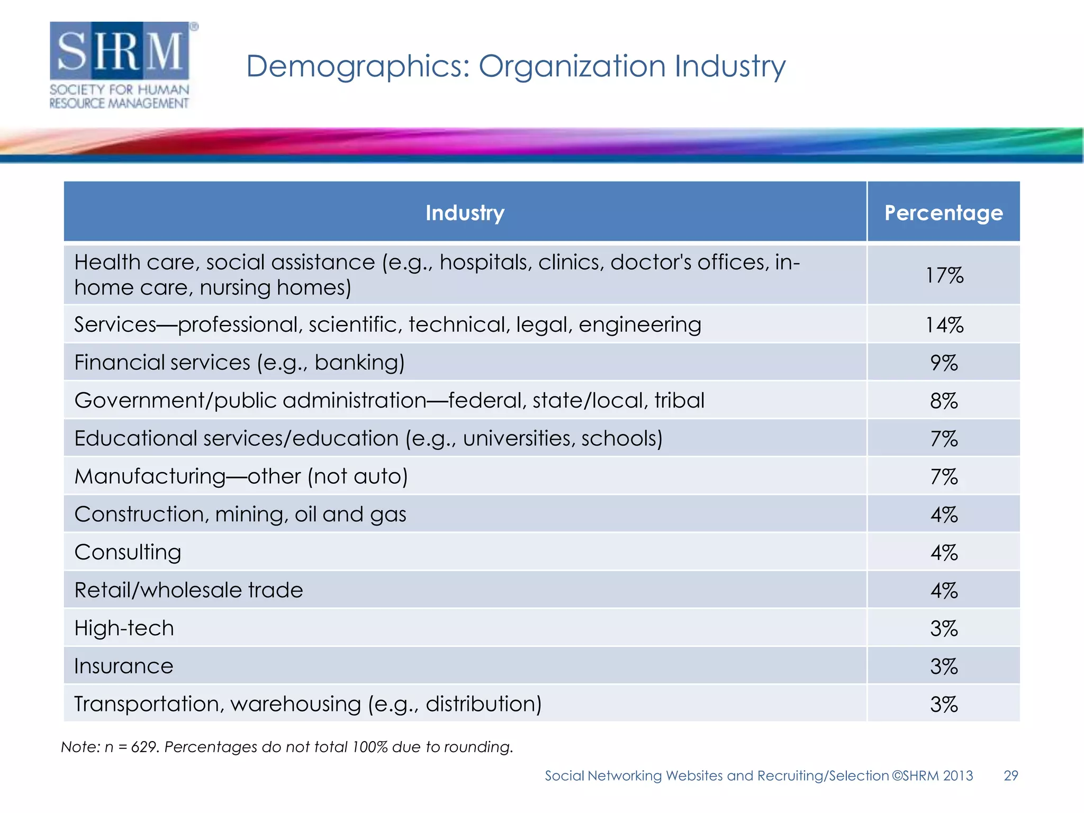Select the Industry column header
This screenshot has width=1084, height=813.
(x=465, y=213)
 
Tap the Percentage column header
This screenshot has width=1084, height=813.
(x=943, y=213)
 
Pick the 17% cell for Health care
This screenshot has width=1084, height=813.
(x=944, y=275)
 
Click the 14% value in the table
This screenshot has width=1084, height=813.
(x=944, y=325)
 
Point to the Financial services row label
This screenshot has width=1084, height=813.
(x=239, y=363)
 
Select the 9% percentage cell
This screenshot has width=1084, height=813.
(x=944, y=363)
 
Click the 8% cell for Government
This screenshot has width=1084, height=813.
(x=944, y=401)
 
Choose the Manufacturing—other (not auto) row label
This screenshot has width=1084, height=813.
(x=241, y=476)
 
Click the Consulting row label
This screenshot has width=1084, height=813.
(x=128, y=553)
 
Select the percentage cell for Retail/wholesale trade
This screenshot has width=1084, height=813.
(x=944, y=591)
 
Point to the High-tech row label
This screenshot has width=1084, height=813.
(x=124, y=629)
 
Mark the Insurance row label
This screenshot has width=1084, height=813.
(x=123, y=666)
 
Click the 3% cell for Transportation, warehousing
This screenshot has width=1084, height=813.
(x=944, y=704)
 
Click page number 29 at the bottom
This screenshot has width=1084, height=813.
(x=1010, y=776)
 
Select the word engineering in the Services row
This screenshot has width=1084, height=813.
(x=639, y=325)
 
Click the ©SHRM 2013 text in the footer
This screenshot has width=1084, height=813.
(x=932, y=776)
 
